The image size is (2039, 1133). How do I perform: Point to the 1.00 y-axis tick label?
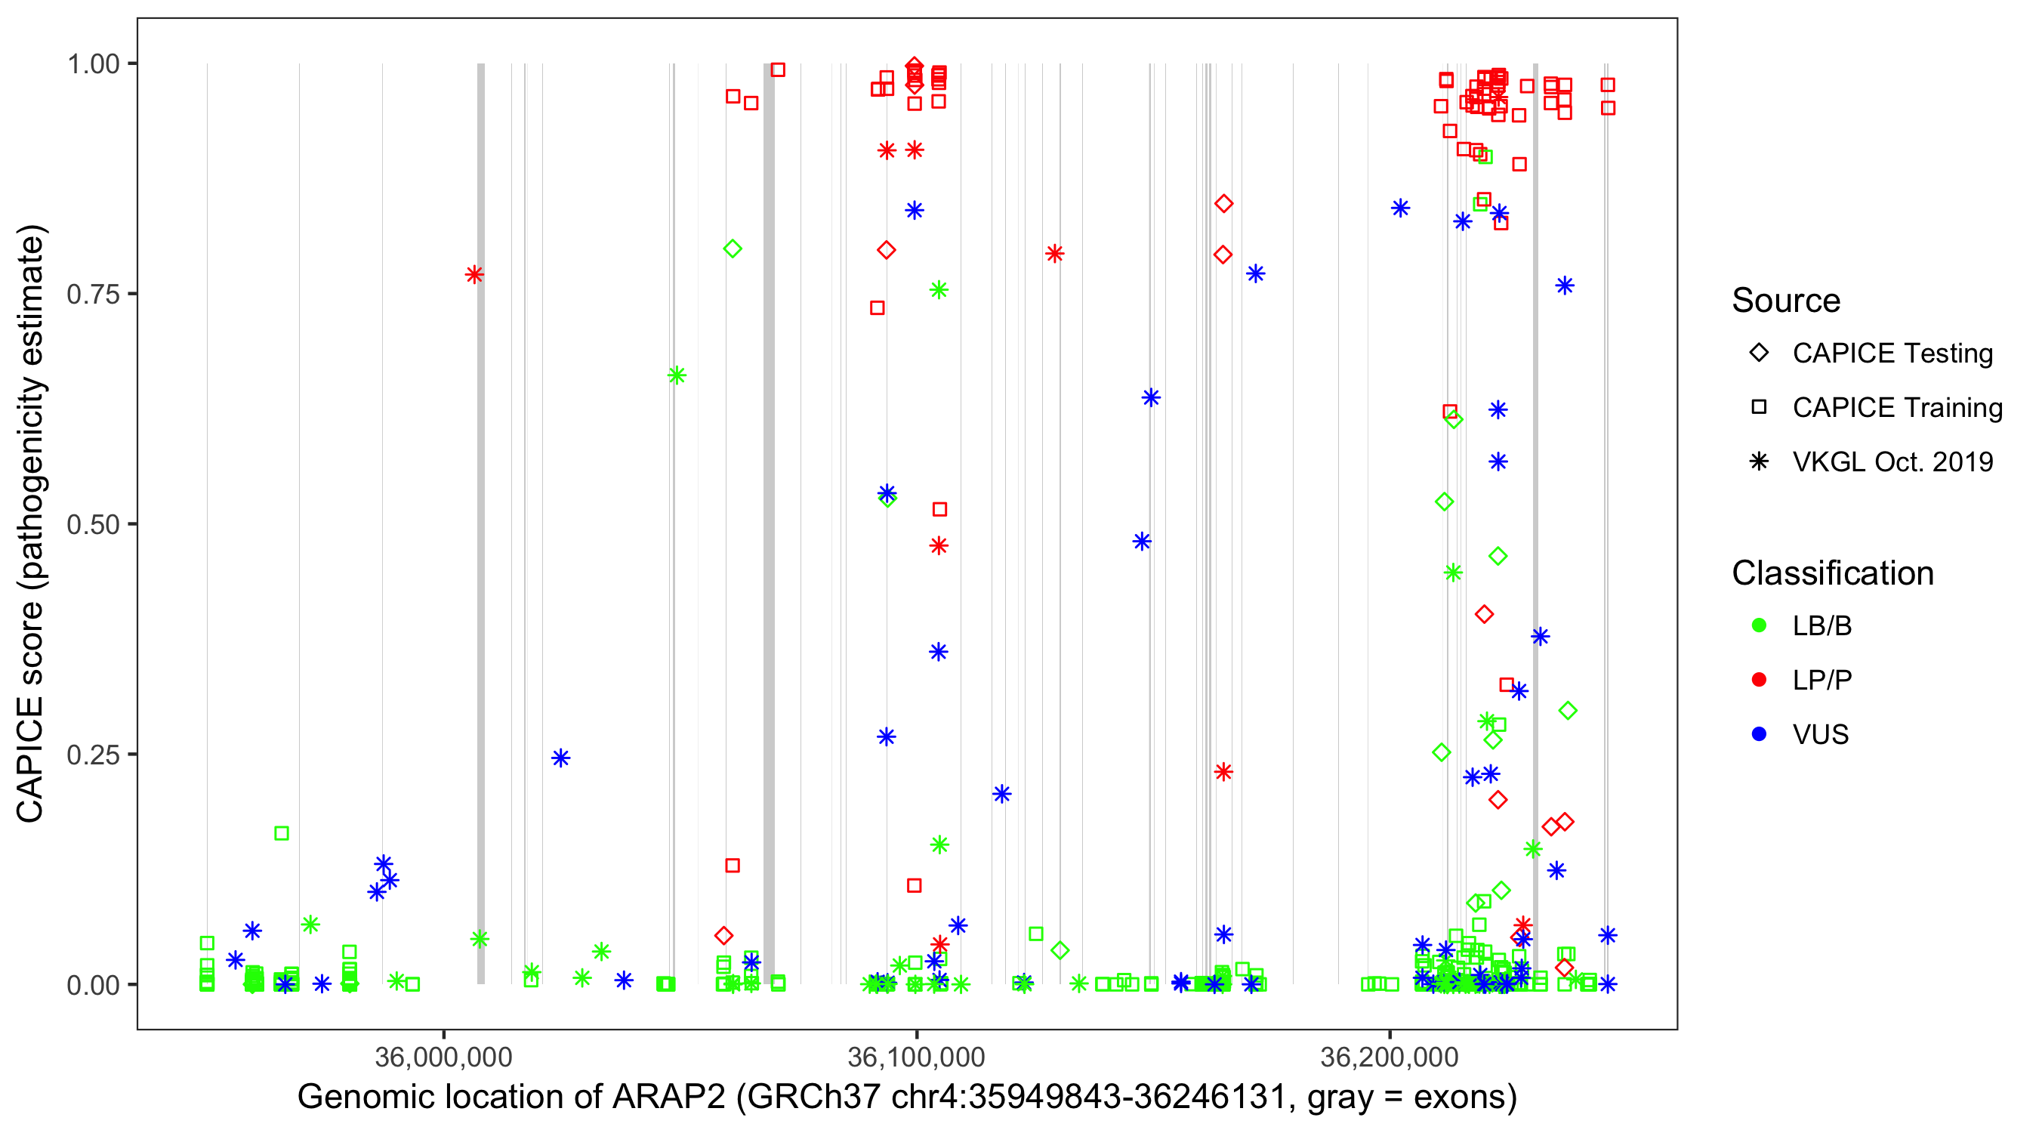coord(93,64)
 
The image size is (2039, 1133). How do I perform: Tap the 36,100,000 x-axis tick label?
coord(916,1057)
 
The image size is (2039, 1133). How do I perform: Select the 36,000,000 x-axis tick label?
coord(443,1057)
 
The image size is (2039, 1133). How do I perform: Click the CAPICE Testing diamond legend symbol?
coord(1759,353)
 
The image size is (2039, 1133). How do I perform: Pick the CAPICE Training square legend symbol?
coord(1759,408)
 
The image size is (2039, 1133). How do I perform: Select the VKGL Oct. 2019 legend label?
coord(1892,462)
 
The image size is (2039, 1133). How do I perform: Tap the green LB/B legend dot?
coord(1759,626)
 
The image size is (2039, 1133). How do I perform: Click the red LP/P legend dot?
coord(1759,680)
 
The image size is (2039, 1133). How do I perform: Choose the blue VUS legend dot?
coord(1759,735)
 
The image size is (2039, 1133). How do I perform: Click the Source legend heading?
coord(1786,301)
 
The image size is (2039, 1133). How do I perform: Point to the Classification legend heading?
coord(1832,573)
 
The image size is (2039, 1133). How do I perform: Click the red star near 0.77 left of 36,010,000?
coord(474,275)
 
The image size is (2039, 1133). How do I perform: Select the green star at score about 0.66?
coord(676,375)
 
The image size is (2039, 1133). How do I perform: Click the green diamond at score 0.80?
coord(733,249)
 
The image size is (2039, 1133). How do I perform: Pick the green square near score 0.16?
coord(281,834)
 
